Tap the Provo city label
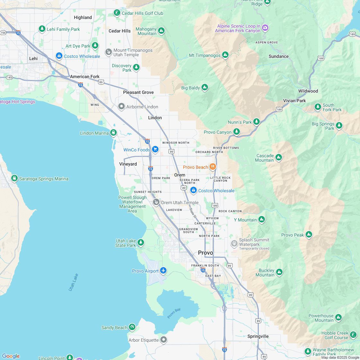[x=205, y=253]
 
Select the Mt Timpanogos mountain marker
[x=225, y=55]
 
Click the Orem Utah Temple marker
[x=156, y=202]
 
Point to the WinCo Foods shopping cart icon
[x=155, y=149]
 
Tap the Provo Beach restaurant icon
[x=212, y=167]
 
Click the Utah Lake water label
[x=73, y=282]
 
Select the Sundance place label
[x=278, y=56]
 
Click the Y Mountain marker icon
[x=262, y=220]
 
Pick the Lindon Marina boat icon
[x=113, y=132]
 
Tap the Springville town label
[x=258, y=336]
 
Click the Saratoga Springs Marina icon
[x=14, y=178]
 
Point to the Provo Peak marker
[x=309, y=235]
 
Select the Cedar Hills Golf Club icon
[x=117, y=13]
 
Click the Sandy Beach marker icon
[x=132, y=327]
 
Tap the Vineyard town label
[x=128, y=164]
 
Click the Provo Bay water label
[x=174, y=313]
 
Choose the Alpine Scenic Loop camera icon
[x=265, y=28]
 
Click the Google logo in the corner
[x=11, y=356]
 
